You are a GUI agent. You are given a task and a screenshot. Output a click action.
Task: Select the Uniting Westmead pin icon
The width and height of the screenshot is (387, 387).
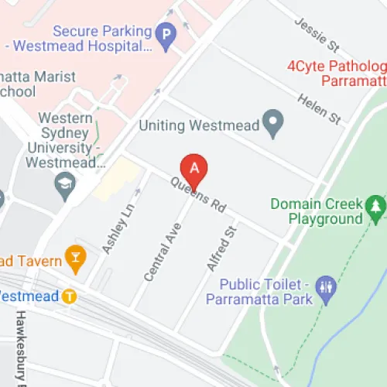pyautogui.click(x=272, y=121)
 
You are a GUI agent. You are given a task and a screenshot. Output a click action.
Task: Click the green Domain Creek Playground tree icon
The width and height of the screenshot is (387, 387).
pyautogui.click(x=376, y=206)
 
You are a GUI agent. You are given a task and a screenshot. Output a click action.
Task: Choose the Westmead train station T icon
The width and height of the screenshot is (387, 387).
pyautogui.click(x=70, y=295)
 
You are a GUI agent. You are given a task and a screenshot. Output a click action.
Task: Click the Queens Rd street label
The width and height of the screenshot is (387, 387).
pyautogui.click(x=199, y=193)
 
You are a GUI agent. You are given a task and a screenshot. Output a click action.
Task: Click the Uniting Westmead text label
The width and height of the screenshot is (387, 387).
pyautogui.click(x=198, y=124)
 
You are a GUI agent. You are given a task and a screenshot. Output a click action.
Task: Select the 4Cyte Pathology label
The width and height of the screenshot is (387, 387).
pyautogui.click(x=336, y=72)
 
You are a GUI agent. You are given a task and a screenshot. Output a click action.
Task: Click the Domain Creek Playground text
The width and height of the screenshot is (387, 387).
pyautogui.click(x=317, y=211)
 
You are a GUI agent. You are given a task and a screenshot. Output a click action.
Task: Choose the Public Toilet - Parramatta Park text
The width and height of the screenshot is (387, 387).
pyautogui.click(x=268, y=292)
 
